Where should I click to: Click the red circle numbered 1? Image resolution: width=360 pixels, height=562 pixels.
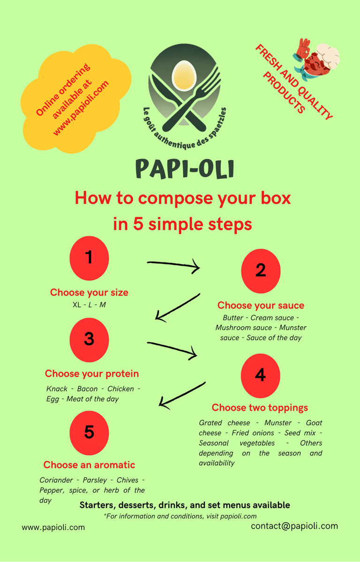(89, 258)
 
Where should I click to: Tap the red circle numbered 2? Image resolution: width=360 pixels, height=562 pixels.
(261, 271)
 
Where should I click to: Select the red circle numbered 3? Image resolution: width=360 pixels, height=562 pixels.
(89, 339)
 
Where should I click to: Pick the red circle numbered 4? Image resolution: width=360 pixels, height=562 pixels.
(261, 375)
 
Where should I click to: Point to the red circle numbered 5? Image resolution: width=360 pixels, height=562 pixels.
(89, 433)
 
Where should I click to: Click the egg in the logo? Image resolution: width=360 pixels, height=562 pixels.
(184, 75)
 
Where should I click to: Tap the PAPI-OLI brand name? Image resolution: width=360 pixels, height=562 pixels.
(185, 169)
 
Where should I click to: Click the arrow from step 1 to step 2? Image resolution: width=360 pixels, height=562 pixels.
(173, 266)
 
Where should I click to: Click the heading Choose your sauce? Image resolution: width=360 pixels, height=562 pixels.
(261, 306)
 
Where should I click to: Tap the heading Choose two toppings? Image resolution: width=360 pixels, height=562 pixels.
(260, 407)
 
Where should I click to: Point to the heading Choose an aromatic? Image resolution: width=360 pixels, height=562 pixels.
(89, 465)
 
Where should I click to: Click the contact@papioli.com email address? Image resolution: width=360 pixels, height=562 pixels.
(294, 526)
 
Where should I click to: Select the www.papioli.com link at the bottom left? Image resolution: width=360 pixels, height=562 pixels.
(53, 527)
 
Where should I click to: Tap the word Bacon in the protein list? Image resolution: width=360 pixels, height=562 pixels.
(87, 389)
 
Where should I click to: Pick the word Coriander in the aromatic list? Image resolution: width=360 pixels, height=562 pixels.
(56, 480)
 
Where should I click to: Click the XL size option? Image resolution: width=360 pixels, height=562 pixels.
(76, 305)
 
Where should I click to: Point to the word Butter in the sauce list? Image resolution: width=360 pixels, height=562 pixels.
(233, 318)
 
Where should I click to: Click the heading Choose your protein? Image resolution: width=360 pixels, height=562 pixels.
(92, 374)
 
